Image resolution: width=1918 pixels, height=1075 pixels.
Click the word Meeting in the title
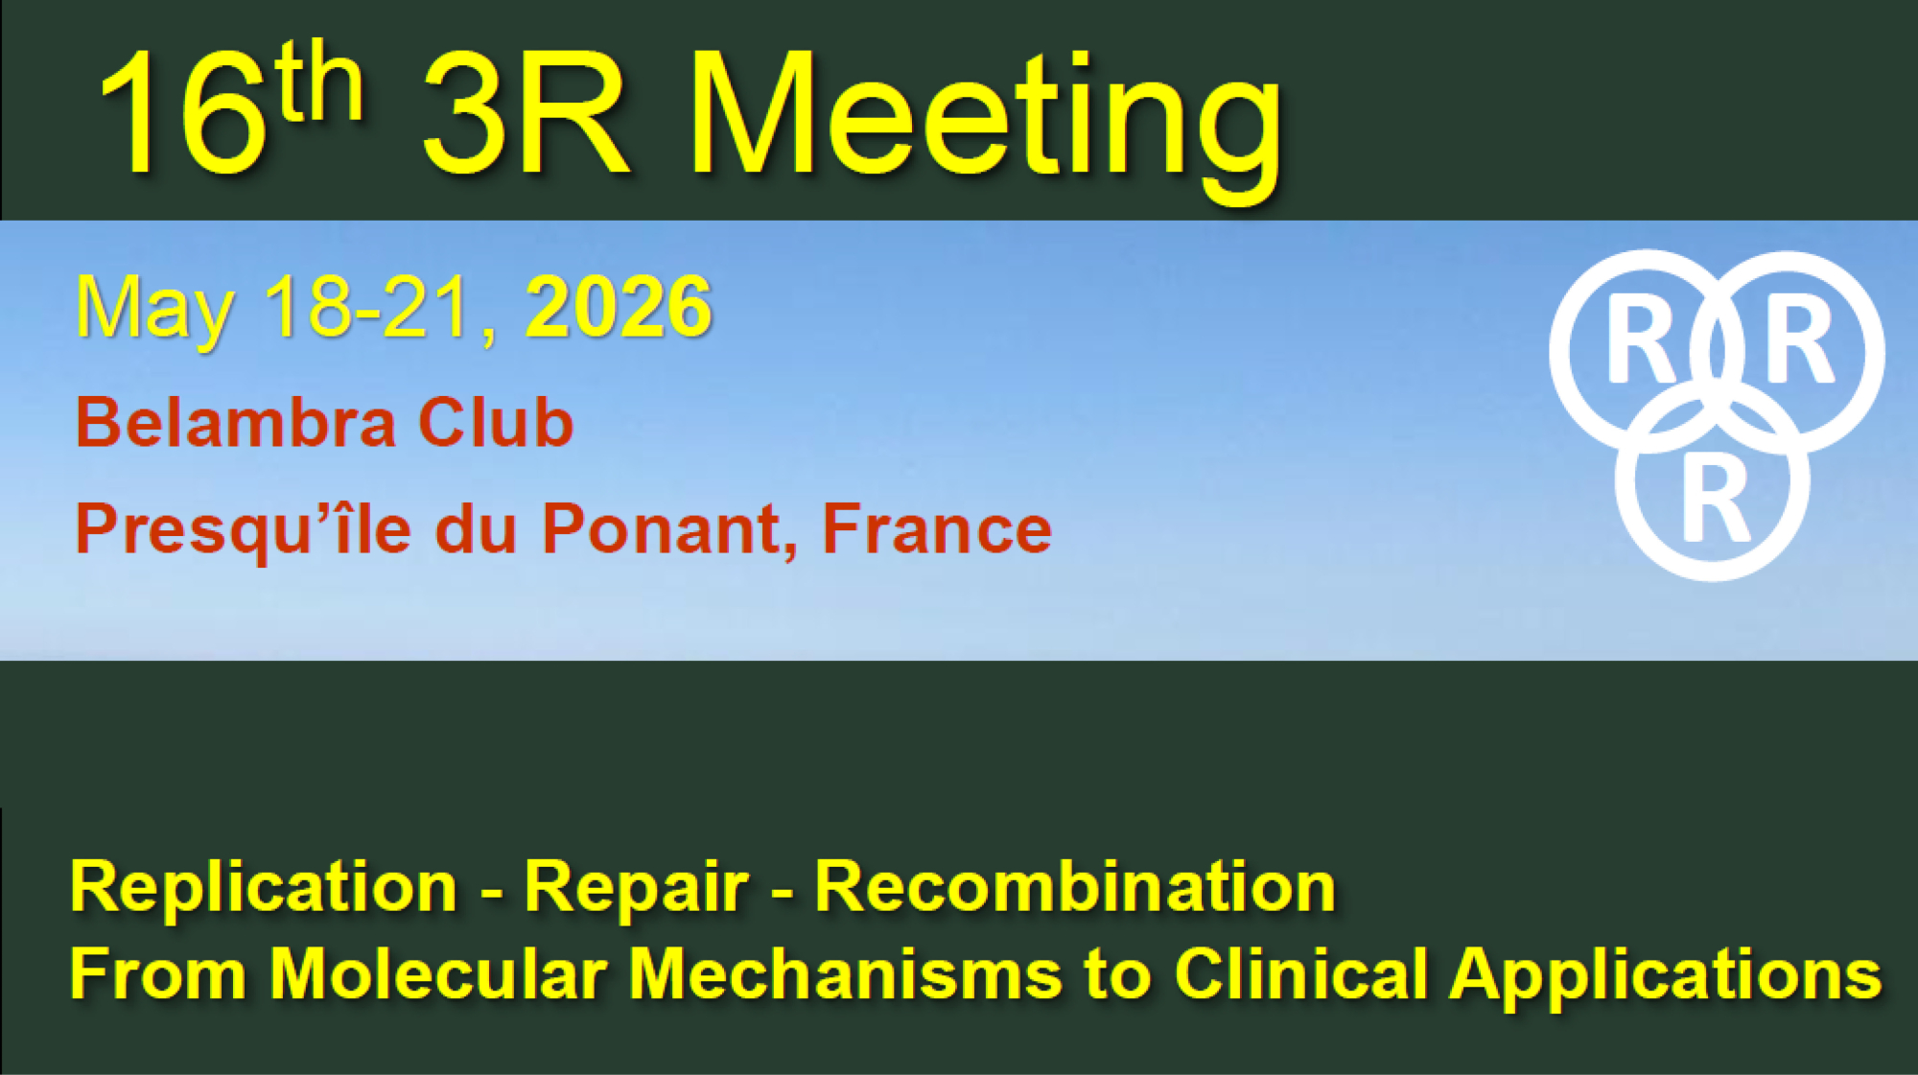[985, 125]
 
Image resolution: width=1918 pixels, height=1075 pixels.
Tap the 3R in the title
[526, 114]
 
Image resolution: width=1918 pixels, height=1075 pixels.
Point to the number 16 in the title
[182, 114]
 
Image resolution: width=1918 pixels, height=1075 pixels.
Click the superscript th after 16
[319, 82]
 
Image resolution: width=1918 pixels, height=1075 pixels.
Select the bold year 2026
[619, 307]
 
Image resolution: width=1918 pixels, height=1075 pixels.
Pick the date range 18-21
[369, 307]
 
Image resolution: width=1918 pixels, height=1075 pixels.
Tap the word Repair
[636, 887]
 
